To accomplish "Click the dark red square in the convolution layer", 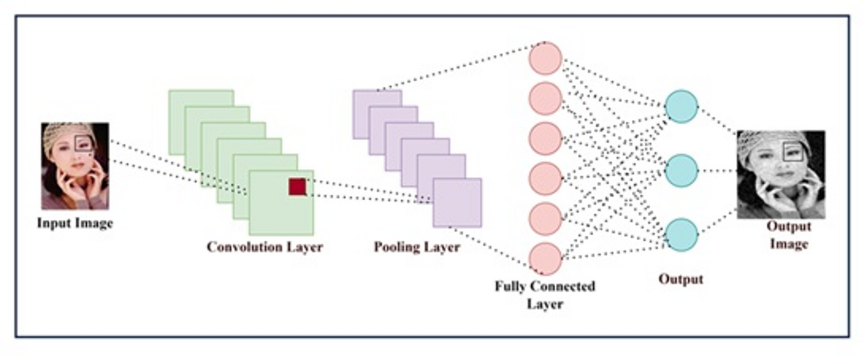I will pos(297,186).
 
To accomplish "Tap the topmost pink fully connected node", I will pos(545,58).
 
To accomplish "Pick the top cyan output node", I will pos(681,106).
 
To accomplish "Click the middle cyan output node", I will pos(681,170).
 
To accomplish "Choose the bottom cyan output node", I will pos(681,235).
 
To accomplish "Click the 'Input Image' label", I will pos(75,224).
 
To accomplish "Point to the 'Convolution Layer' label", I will pos(264,247).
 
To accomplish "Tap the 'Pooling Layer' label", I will pos(416,247).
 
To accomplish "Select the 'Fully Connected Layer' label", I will pos(545,295).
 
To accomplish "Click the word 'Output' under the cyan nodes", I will pos(681,279).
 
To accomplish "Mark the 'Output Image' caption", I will pos(788,235).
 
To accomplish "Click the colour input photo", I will pos(75,165).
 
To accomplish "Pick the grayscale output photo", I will pos(781,174).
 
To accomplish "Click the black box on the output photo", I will pos(792,151).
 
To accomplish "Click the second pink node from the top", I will pos(545,98).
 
